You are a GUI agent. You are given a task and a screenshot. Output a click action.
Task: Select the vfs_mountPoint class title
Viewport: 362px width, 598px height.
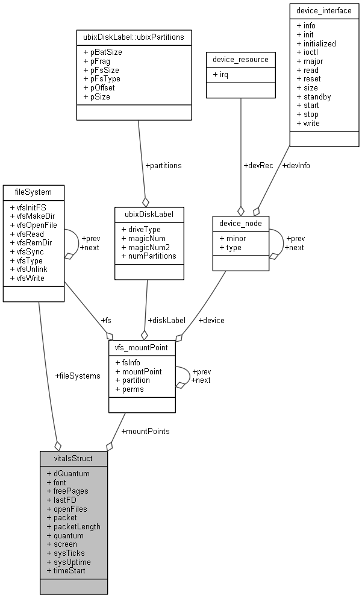point(142,348)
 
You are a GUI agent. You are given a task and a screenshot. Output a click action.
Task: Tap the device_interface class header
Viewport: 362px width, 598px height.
point(320,10)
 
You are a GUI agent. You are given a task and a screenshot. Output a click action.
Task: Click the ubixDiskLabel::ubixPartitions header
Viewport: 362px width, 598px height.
point(138,37)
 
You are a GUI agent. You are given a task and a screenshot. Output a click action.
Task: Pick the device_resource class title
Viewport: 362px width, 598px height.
point(241,59)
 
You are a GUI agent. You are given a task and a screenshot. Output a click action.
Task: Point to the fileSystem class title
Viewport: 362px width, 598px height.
point(33,192)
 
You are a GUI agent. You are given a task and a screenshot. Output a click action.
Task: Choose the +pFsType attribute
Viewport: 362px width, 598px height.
point(101,79)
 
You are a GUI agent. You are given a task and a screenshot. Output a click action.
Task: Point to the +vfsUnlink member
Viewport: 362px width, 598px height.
point(28,269)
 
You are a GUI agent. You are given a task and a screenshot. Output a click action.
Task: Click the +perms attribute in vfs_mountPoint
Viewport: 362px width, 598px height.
point(129,389)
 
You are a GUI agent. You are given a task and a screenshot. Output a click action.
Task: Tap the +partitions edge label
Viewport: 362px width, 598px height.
point(163,165)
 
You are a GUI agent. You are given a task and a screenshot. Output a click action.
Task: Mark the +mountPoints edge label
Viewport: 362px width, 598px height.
point(145,432)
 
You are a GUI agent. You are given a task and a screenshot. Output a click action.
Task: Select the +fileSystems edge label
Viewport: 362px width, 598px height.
point(78,376)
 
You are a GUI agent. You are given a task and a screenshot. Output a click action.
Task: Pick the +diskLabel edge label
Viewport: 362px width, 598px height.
point(166,320)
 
